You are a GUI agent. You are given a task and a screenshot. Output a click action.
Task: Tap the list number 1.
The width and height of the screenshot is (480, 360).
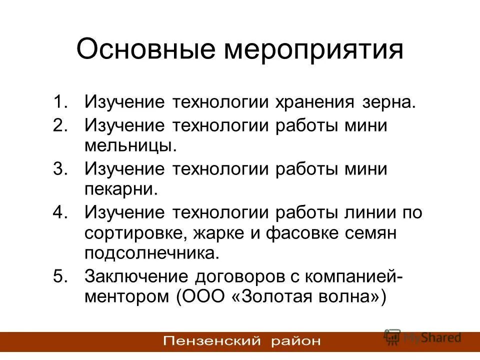[60, 102]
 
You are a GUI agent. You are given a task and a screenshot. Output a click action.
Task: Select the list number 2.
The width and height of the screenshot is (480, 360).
[60, 124]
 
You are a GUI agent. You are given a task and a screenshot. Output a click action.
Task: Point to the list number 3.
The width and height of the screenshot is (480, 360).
[60, 168]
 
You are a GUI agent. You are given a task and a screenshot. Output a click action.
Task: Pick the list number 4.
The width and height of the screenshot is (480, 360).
[60, 212]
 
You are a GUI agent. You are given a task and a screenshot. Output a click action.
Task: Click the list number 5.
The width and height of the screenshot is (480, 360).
[60, 276]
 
